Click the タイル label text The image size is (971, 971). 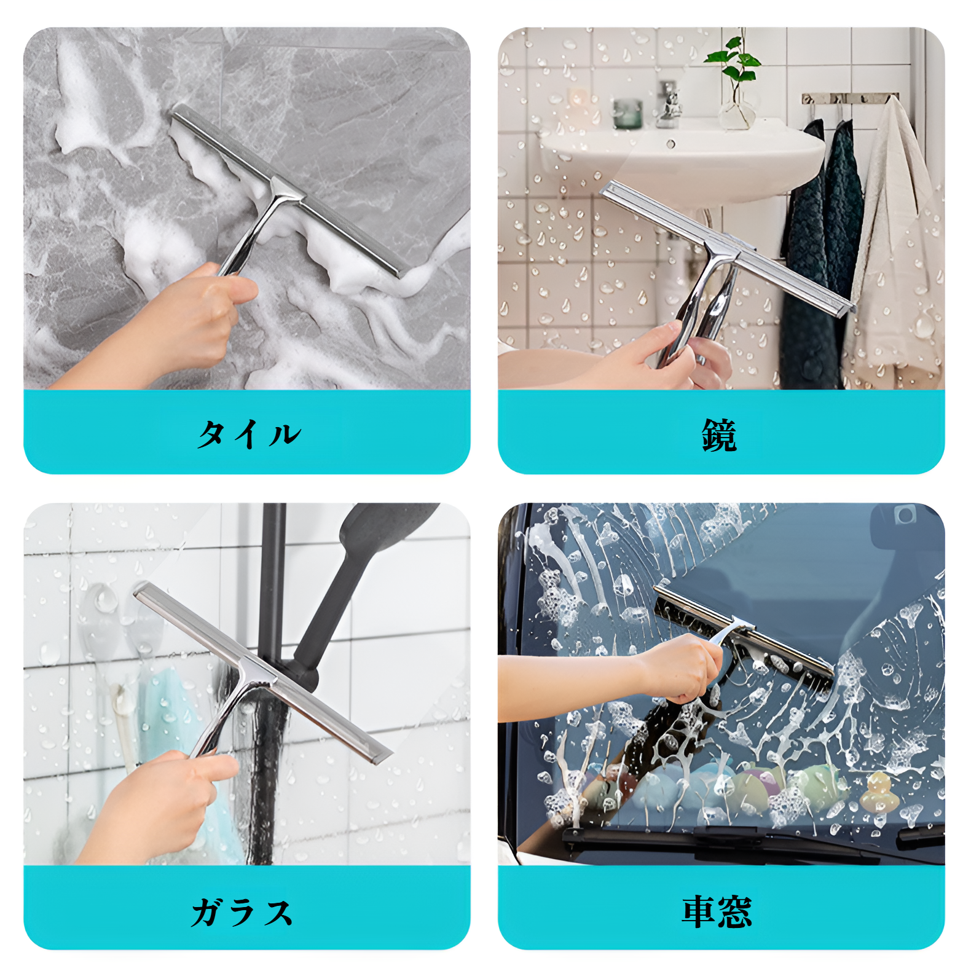pyautogui.click(x=248, y=434)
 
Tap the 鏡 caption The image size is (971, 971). pyautogui.click(x=719, y=436)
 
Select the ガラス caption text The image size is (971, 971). pyautogui.click(x=242, y=912)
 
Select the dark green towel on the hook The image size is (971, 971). pyautogui.click(x=824, y=258)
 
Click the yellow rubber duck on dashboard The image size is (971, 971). pyautogui.click(x=875, y=793)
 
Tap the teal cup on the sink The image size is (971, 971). pyautogui.click(x=627, y=114)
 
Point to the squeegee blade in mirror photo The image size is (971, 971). pyautogui.click(x=725, y=246)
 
